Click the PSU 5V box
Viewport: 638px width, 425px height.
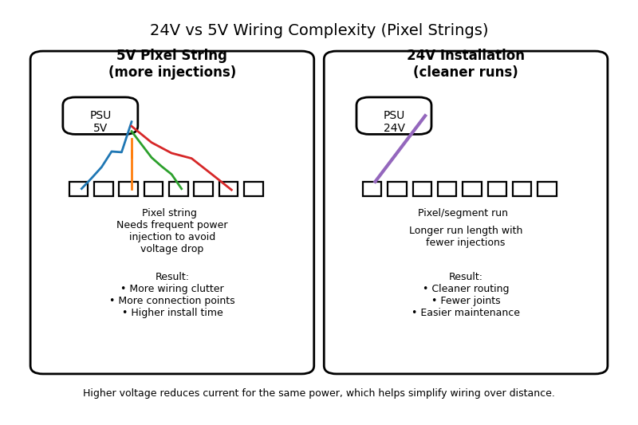pos(100,116)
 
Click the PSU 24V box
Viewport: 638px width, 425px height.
pos(393,116)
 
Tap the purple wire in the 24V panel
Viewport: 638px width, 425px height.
pos(400,149)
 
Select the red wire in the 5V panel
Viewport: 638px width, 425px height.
pos(191,158)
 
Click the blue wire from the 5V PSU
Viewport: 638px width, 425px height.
pos(101,167)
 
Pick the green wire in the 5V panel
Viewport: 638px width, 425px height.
pos(152,158)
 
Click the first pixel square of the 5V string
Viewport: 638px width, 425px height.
pos(78,189)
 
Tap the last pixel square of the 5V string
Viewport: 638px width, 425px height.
pos(254,189)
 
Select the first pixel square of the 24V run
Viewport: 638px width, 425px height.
pos(372,189)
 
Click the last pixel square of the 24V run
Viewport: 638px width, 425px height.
pos(547,189)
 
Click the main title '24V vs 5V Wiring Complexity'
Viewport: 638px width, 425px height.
pos(319,30)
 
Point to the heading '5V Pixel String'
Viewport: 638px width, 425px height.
pos(171,56)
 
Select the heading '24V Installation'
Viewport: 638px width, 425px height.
pos(466,56)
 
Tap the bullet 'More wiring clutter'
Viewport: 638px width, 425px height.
pos(172,289)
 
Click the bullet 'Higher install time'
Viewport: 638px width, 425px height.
pos(172,313)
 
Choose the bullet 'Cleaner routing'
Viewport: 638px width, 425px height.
pos(466,289)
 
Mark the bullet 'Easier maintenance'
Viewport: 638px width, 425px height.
pos(466,313)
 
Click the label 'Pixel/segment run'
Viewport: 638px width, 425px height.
pos(463,213)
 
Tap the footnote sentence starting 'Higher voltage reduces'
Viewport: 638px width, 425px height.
pos(319,393)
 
